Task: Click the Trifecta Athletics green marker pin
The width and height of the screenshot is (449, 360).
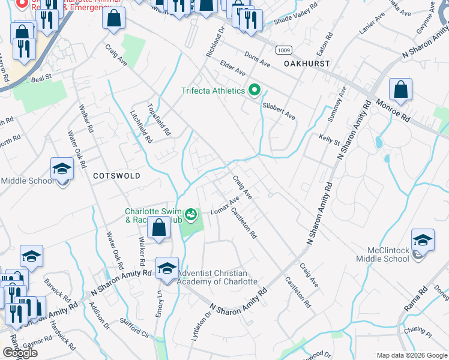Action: coord(255,91)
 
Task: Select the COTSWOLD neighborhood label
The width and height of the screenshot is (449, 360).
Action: coord(116,176)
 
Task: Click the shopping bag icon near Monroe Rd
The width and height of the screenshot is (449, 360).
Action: coord(400,90)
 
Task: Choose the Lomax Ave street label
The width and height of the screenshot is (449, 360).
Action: coord(225,206)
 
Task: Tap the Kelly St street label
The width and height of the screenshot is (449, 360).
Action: coord(329,142)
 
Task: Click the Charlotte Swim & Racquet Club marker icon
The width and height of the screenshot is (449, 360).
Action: coord(191,213)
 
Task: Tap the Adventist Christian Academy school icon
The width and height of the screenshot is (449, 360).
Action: coord(167,268)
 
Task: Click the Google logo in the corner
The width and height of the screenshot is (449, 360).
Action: coord(20,353)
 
